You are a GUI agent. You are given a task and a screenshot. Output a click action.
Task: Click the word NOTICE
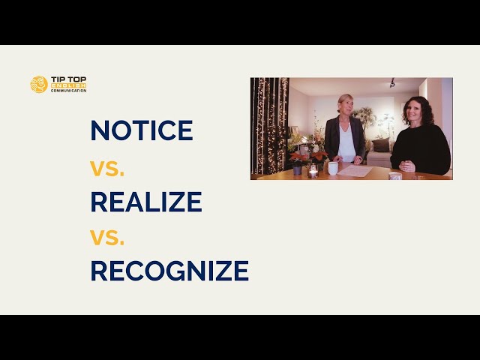pyautogui.click(x=142, y=130)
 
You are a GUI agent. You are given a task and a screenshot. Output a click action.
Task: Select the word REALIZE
pyautogui.click(x=146, y=202)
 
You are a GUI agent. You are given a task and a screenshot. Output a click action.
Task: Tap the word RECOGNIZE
pyautogui.click(x=169, y=270)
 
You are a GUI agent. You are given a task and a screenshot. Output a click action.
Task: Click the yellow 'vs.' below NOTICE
pyautogui.click(x=107, y=167)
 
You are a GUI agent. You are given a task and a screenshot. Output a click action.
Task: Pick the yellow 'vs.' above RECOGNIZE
pyautogui.click(x=107, y=237)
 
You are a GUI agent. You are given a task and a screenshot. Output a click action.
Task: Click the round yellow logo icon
pyautogui.click(x=39, y=84)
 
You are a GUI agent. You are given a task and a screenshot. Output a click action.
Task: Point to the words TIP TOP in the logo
pyautogui.click(x=69, y=79)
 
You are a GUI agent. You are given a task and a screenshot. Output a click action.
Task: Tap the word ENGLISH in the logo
pyautogui.click(x=69, y=86)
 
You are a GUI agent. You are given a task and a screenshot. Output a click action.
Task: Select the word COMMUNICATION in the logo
pyautogui.click(x=69, y=91)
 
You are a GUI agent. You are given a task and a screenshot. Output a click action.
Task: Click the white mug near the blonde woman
pyautogui.click(x=332, y=168)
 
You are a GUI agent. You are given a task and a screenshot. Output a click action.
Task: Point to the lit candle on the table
pyautogui.click(x=313, y=172)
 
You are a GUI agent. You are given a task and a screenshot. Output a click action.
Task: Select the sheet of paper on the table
pyautogui.click(x=355, y=172)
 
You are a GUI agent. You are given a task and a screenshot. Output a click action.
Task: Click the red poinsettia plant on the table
pyautogui.click(x=298, y=158)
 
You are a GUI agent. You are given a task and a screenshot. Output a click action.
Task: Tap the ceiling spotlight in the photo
pyautogui.click(x=391, y=83)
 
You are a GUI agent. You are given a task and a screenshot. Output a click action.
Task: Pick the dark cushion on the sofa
pyautogui.click(x=382, y=145)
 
